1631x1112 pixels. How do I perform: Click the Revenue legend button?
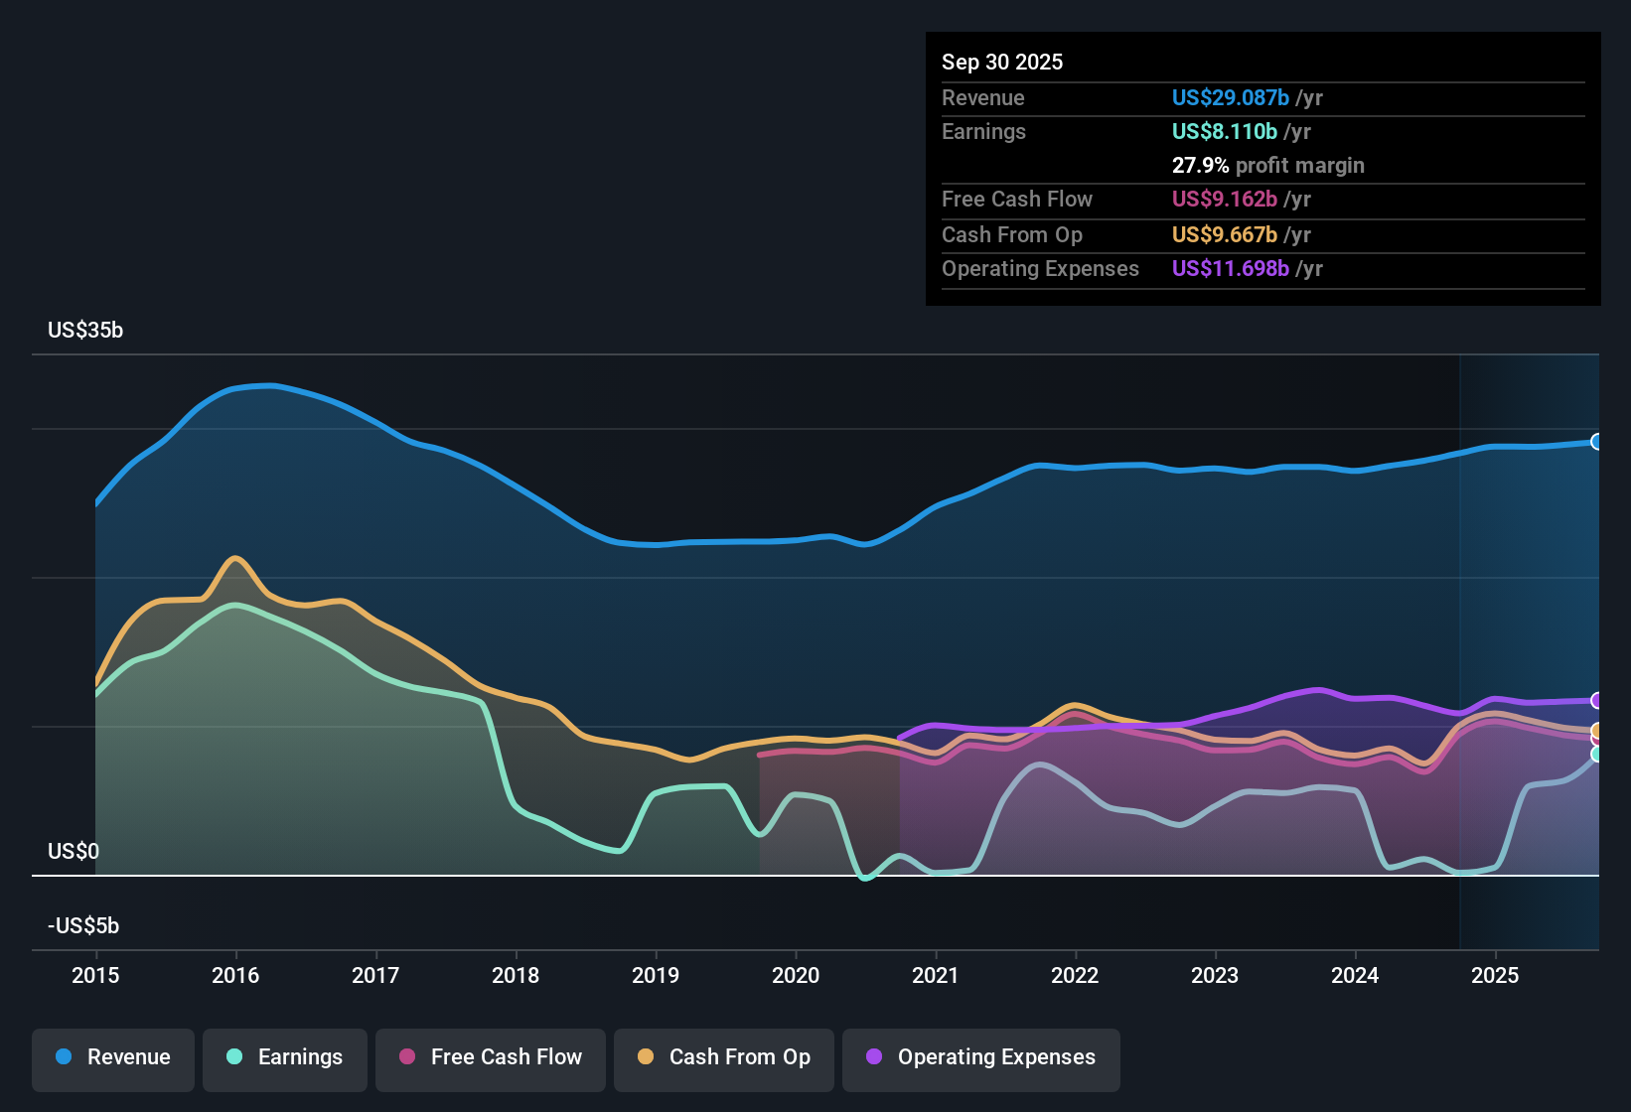[113, 1057]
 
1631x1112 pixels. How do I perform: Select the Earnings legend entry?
[285, 1057]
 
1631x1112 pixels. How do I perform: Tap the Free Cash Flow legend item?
[491, 1057]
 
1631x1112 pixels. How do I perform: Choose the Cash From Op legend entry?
[724, 1057]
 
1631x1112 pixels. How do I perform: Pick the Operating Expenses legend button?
[981, 1057]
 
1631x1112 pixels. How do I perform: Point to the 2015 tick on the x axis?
[95, 975]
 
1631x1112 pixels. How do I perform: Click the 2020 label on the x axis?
[796, 975]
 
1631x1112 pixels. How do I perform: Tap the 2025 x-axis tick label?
[1495, 975]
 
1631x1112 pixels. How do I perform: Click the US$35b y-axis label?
[85, 331]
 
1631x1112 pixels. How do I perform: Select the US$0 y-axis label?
[74, 851]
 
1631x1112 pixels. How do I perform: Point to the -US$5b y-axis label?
[83, 925]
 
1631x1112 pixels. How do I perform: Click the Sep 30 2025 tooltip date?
[1002, 62]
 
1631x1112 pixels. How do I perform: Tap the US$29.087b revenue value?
[1230, 97]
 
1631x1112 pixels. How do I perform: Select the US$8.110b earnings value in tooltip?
[1224, 131]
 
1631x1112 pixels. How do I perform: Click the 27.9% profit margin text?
[1267, 165]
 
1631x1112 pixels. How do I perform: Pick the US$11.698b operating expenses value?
[1230, 268]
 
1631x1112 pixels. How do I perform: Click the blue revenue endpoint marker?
[1596, 442]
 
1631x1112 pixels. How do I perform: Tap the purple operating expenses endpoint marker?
[1596, 701]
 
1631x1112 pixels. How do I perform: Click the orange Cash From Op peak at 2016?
[235, 558]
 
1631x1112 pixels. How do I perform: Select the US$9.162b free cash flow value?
[1224, 199]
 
